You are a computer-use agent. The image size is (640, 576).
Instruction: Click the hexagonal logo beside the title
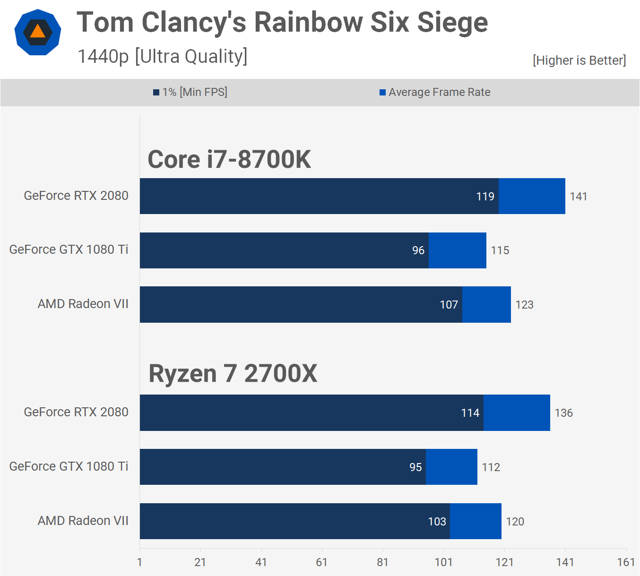[38, 32]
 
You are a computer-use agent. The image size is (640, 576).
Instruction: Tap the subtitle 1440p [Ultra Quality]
[162, 56]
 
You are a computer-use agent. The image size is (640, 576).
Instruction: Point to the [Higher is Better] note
[579, 60]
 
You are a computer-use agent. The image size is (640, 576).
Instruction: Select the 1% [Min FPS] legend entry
[190, 92]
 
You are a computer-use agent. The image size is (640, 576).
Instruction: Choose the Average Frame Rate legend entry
[435, 92]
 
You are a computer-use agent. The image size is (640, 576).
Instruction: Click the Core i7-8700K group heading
[229, 159]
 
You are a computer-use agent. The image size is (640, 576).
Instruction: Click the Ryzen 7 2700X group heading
[233, 373]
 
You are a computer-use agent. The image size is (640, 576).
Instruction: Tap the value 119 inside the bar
[485, 197]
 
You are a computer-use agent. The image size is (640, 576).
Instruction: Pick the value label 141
[578, 197]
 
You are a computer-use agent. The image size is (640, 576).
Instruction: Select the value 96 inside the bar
[418, 250]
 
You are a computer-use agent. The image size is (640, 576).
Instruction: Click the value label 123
[524, 305]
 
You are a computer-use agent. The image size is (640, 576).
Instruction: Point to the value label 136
[563, 413]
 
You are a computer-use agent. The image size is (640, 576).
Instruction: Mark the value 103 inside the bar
[437, 522]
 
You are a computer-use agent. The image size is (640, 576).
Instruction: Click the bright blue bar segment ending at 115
[458, 250]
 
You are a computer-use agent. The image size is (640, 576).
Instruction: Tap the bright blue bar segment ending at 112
[451, 467]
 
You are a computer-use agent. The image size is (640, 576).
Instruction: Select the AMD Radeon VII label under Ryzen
[83, 521]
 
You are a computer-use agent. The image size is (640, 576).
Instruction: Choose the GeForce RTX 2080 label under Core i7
[76, 196]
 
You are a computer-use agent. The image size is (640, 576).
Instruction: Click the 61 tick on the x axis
[322, 562]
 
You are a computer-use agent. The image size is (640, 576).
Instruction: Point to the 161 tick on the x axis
[626, 562]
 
